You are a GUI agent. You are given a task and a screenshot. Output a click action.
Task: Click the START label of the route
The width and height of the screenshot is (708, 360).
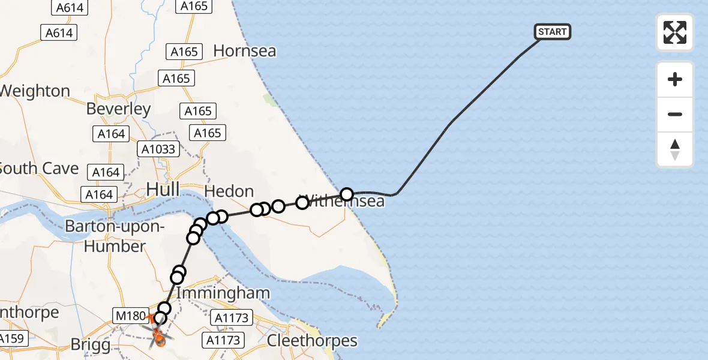(552, 32)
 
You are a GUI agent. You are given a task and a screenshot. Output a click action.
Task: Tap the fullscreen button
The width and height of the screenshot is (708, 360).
(675, 32)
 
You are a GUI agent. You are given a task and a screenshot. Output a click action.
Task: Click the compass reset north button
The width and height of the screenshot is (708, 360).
(675, 149)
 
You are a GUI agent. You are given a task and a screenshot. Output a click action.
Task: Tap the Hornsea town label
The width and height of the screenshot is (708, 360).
(245, 51)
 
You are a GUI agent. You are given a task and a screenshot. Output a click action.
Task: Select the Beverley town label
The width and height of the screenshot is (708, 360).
(119, 109)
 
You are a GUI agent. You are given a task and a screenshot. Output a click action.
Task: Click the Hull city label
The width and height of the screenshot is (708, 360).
(163, 190)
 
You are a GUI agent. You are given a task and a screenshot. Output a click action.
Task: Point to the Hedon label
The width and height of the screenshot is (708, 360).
(229, 191)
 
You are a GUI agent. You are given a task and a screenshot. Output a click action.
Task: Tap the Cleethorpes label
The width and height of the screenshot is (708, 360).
(312, 341)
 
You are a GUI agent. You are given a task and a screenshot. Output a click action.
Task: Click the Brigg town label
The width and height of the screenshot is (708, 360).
(91, 345)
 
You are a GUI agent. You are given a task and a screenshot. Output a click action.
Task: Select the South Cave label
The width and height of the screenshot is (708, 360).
(40, 168)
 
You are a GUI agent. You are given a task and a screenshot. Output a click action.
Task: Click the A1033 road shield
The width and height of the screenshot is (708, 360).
(158, 149)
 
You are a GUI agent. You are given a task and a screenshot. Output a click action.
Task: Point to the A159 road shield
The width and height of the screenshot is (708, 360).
(11, 338)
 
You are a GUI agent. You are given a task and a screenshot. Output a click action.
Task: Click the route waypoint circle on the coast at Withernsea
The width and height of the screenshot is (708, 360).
(347, 194)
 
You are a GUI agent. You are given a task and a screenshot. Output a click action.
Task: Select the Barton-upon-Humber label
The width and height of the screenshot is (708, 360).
(114, 236)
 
